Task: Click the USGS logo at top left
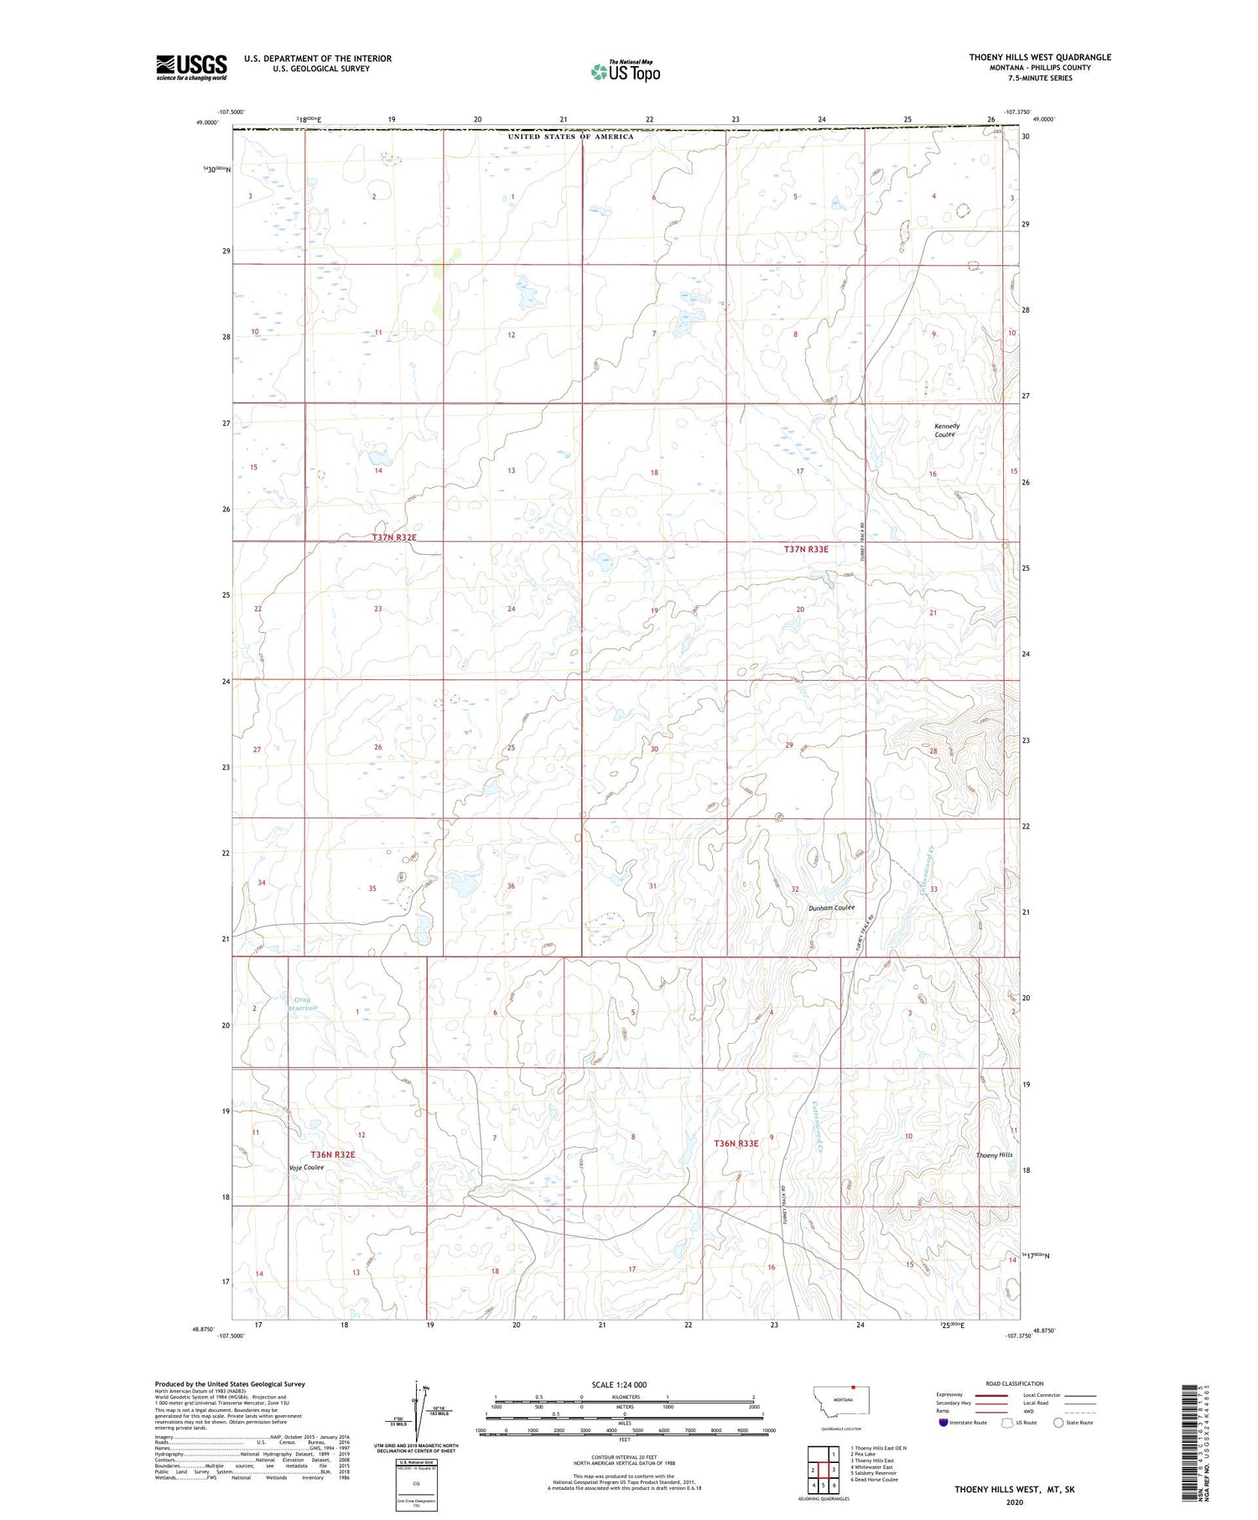pos(191,67)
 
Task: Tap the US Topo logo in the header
pos(625,71)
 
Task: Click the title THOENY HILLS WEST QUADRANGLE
pos(1040,57)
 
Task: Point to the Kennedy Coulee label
pos(947,430)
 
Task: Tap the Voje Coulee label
pos(306,1167)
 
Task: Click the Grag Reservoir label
pos(303,1004)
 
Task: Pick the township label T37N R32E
pos(394,537)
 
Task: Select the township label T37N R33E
pos(805,549)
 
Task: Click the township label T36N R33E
pos(736,1144)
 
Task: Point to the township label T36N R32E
pos(333,1154)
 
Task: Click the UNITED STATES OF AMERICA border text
pos(570,137)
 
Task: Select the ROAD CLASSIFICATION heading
pos(1015,1383)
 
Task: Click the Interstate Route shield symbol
pos(943,1423)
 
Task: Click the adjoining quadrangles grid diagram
pos(823,1463)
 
